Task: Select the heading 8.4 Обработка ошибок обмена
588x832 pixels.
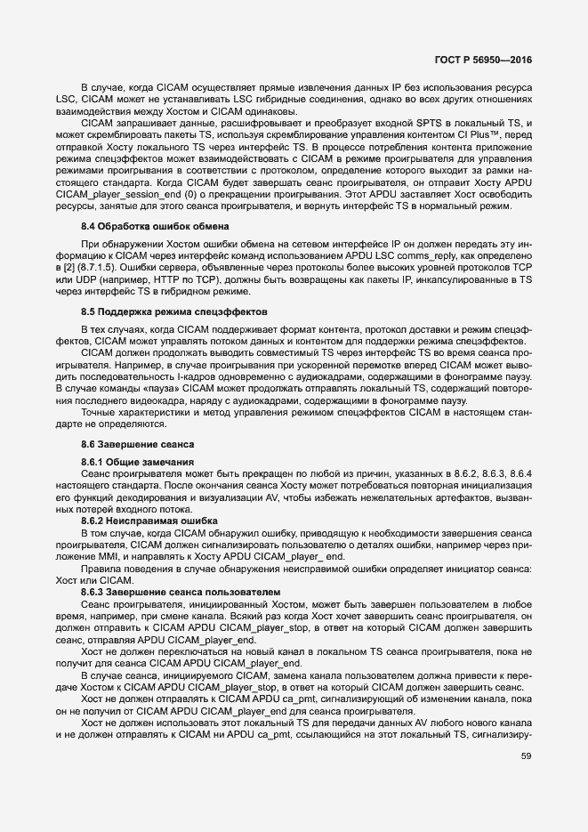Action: [x=156, y=226]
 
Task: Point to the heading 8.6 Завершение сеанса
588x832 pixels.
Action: [x=137, y=442]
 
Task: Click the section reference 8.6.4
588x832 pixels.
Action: [x=521, y=473]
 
